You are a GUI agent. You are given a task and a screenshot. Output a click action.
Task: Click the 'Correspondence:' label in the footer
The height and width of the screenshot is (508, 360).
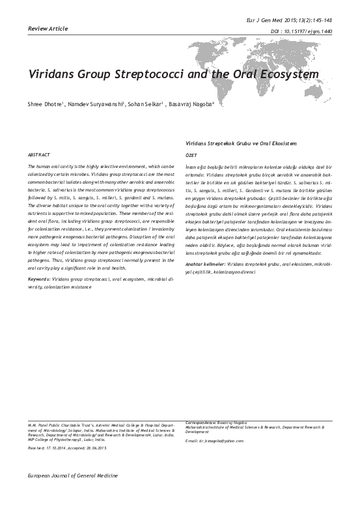pyautogui.click(x=204, y=422)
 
